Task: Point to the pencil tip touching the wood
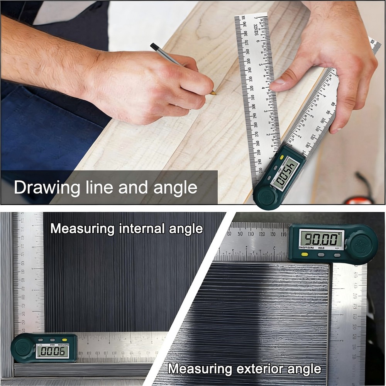215,93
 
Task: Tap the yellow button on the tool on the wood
282,157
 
